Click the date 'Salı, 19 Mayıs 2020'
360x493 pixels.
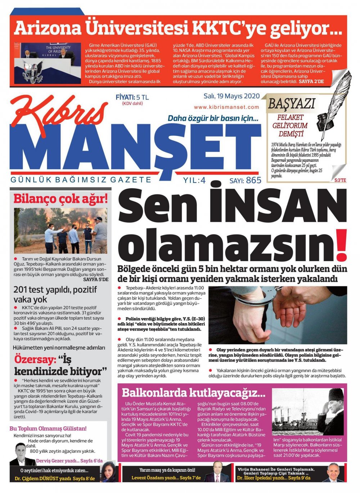[x=231, y=97]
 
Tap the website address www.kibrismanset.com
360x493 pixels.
[x=226, y=107]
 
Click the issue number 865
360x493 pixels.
[x=254, y=180]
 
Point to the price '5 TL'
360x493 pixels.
[x=143, y=97]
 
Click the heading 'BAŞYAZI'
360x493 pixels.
[x=291, y=104]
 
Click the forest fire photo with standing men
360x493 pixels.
[x=60, y=231]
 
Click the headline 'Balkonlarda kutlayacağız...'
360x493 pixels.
[x=193, y=393]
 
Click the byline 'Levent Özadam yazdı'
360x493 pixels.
[x=156, y=478]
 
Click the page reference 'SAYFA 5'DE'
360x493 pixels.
[x=95, y=279]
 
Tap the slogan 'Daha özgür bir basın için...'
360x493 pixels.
[x=213, y=118]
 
